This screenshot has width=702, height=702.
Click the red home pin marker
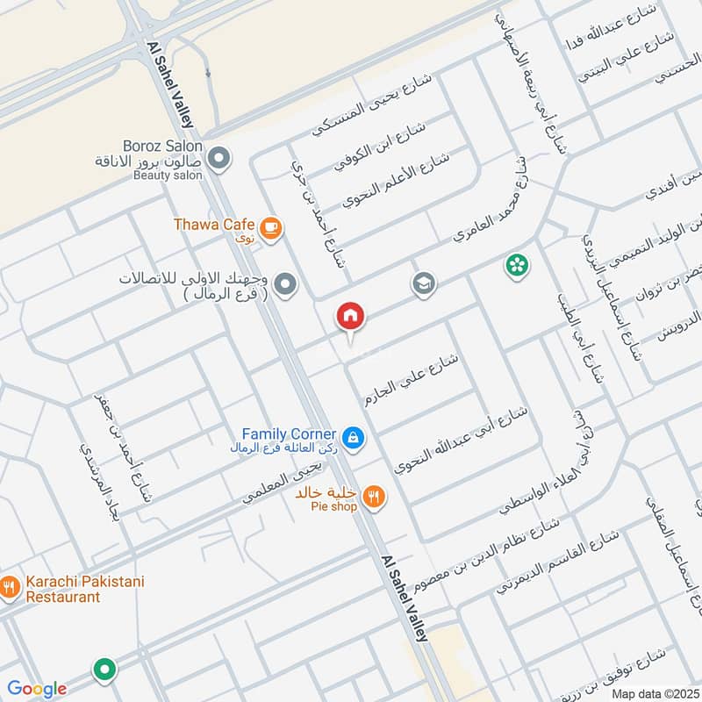tap(350, 316)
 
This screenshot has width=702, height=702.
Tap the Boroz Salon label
tap(163, 147)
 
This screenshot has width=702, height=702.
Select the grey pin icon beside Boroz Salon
tap(219, 160)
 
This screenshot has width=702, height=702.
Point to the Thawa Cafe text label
tap(213, 225)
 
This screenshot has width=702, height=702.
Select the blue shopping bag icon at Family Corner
tap(353, 437)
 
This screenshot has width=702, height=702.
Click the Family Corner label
tap(289, 434)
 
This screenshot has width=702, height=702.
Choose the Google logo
tap(37, 689)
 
